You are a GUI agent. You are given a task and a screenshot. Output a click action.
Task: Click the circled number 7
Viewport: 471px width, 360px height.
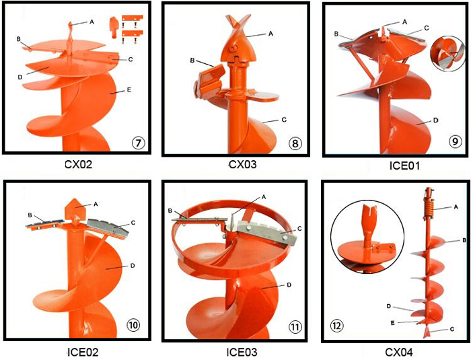click(138, 143)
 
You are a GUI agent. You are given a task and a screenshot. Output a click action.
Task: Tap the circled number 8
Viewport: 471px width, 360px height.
click(295, 143)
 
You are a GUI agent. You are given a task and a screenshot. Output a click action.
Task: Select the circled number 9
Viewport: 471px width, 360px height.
click(454, 141)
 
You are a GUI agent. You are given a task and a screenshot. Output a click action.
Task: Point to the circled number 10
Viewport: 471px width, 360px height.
click(133, 325)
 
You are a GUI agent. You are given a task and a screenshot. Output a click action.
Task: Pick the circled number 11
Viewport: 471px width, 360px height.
click(295, 326)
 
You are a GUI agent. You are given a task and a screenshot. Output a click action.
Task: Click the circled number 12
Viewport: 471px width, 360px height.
click(336, 326)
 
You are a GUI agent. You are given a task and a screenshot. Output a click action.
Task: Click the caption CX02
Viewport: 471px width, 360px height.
click(79, 164)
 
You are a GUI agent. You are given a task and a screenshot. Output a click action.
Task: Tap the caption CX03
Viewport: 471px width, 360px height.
click(242, 164)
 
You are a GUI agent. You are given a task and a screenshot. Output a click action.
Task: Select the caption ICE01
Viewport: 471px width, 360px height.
click(404, 166)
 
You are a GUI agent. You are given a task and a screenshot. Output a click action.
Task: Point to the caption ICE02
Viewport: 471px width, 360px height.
click(83, 352)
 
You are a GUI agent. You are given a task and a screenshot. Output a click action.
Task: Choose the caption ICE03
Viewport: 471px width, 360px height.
click(242, 352)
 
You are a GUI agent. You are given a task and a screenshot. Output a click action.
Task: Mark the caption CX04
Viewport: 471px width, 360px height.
click(399, 352)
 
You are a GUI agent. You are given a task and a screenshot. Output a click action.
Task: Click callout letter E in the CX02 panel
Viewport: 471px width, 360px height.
click(129, 89)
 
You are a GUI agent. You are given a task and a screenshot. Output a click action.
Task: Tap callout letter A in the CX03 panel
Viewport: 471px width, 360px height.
click(270, 34)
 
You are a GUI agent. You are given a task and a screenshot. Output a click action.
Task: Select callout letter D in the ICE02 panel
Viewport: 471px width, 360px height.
click(132, 266)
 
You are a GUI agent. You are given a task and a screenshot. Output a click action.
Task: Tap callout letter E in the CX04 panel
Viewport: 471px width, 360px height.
click(392, 323)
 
